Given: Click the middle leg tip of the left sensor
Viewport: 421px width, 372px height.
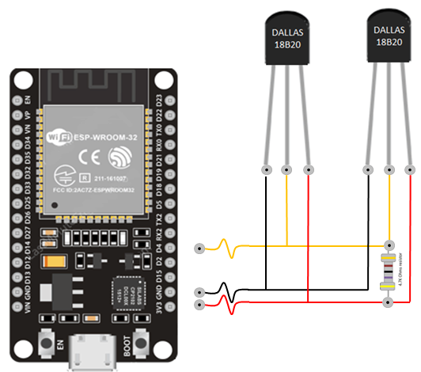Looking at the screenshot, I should point(286,170).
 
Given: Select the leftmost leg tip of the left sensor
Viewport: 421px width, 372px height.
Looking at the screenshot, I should point(266,170).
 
